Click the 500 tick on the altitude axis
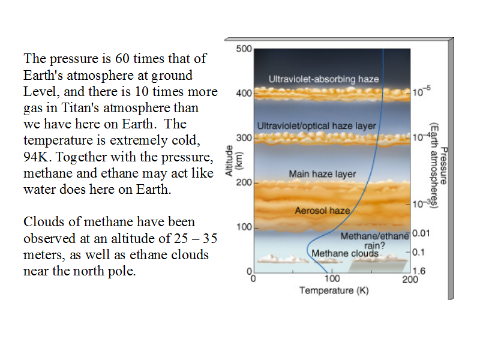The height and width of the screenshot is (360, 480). [x=244, y=49]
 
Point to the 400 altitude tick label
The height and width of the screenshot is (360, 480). [x=244, y=93]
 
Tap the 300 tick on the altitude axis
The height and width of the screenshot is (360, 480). [x=244, y=138]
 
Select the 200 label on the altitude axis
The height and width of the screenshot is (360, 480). [x=244, y=182]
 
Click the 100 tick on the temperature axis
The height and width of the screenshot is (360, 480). [x=332, y=278]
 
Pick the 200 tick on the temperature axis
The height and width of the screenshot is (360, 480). [x=410, y=279]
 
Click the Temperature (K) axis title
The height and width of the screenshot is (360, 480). [x=334, y=290]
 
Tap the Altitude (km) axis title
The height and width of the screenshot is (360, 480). [x=233, y=160]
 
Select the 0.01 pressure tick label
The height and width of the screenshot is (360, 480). [x=421, y=233]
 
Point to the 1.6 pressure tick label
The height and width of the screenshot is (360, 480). [x=419, y=271]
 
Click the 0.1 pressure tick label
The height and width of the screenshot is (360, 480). [x=418, y=252]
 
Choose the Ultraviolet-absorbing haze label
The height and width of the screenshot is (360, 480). [x=324, y=79]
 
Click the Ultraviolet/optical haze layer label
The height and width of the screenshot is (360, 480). [x=317, y=126]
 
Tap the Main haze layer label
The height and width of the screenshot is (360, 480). [x=322, y=174]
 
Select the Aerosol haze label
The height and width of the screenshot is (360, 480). [x=322, y=211]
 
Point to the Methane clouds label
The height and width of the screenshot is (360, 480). [x=345, y=253]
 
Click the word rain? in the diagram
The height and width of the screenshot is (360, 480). [x=374, y=245]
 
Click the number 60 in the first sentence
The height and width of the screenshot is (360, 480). [x=122, y=58]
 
